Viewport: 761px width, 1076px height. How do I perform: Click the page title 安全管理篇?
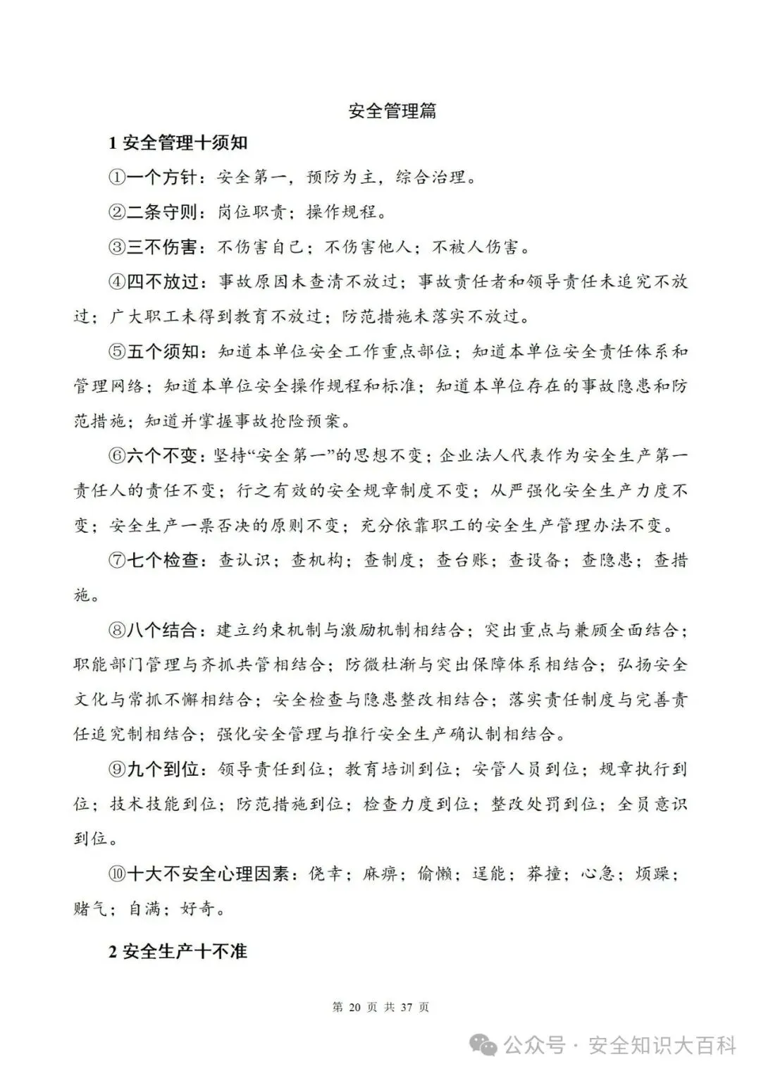tap(392, 111)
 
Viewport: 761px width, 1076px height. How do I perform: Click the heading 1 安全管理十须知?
tap(178, 143)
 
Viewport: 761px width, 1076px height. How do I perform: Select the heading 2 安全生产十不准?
tap(178, 951)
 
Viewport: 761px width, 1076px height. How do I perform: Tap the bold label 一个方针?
tap(162, 178)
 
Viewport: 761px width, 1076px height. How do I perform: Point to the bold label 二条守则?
tap(162, 212)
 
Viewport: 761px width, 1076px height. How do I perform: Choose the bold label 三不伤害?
tap(162, 247)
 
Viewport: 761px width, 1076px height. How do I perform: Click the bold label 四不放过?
tap(162, 282)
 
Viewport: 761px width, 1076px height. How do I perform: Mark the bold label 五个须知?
tap(162, 351)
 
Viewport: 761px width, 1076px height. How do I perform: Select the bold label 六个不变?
tap(162, 456)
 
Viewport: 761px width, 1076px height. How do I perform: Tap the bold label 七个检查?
tap(162, 560)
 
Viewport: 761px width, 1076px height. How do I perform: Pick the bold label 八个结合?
tap(162, 630)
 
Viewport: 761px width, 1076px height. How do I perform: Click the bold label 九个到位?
tap(162, 769)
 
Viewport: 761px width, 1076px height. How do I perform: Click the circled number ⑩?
tap(117, 874)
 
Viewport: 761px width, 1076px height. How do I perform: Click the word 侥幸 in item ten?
tap(326, 874)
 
